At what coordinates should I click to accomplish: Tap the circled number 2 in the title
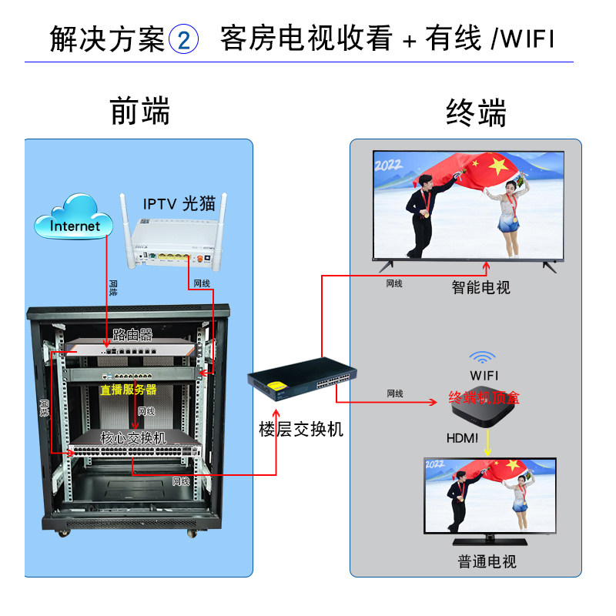click(x=183, y=39)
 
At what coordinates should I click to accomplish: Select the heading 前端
click(x=139, y=112)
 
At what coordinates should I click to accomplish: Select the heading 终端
click(x=477, y=113)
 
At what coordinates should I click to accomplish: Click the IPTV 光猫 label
click(x=179, y=203)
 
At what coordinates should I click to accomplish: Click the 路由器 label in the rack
click(x=132, y=335)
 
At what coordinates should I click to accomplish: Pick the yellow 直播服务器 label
click(x=128, y=390)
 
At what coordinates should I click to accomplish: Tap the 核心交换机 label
click(x=133, y=437)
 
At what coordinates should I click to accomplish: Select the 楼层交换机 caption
click(x=301, y=430)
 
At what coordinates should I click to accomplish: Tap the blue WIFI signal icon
click(x=483, y=357)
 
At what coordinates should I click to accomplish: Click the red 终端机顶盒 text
click(x=484, y=397)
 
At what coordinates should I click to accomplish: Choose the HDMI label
click(x=463, y=438)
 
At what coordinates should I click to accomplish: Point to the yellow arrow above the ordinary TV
click(x=486, y=442)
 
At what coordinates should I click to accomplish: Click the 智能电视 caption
click(x=481, y=288)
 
